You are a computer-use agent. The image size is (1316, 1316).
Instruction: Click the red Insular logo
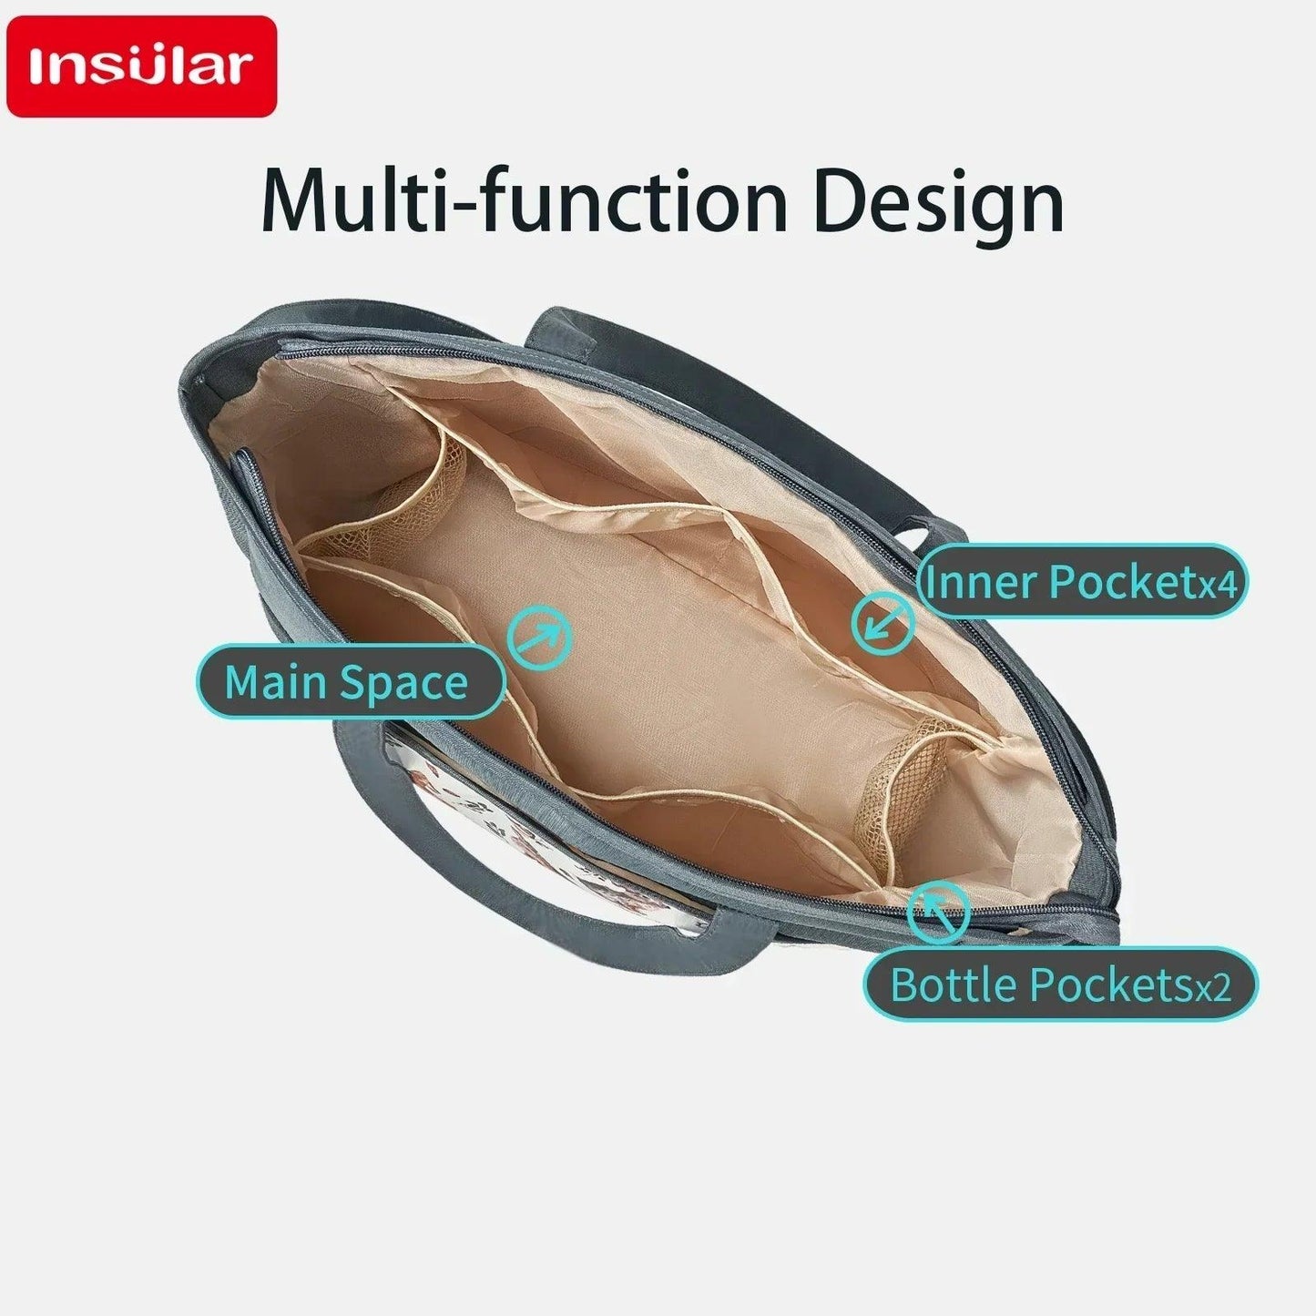click(x=141, y=66)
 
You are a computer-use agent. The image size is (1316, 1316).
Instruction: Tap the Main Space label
click(x=351, y=681)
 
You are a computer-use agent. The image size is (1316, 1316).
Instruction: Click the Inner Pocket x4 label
click(x=1083, y=581)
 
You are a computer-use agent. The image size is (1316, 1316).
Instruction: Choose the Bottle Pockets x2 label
click(x=1061, y=984)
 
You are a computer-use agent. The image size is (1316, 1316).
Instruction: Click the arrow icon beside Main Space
click(x=539, y=637)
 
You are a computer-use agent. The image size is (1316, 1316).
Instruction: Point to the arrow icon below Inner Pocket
click(x=882, y=624)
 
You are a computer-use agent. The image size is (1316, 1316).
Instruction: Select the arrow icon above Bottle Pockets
click(x=939, y=913)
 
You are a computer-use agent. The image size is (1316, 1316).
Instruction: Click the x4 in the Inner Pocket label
click(x=1219, y=587)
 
